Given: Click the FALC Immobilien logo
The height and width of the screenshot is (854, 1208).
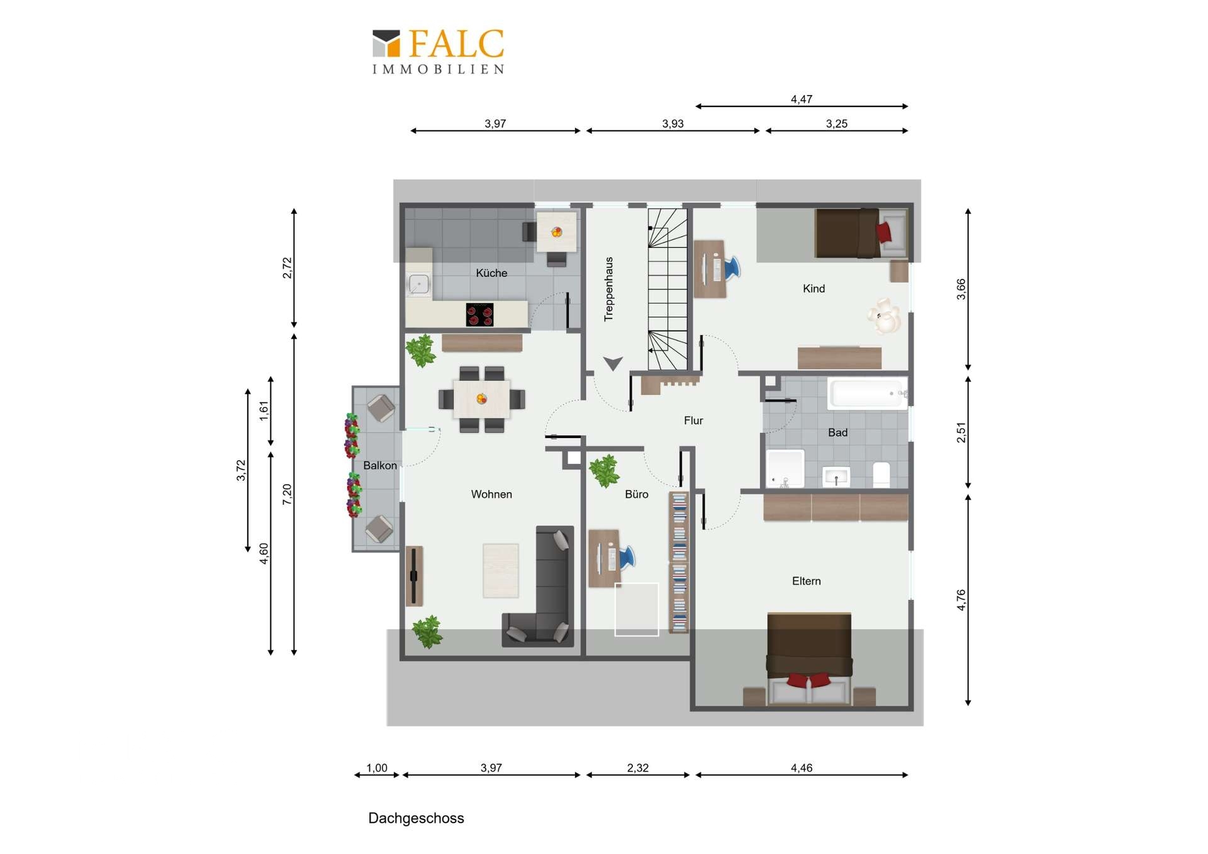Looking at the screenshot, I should coord(439,51).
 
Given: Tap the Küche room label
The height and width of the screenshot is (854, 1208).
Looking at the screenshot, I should coord(491,273).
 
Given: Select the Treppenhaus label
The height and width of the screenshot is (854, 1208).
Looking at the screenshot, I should coord(608,289).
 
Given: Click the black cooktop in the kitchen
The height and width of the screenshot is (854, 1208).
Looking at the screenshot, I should coord(479,315).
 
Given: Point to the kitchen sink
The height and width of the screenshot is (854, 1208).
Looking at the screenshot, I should coord(419,284).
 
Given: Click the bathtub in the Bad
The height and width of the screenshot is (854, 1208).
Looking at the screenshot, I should coord(866,394).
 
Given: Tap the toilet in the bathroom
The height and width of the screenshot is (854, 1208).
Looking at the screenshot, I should coord(881,475).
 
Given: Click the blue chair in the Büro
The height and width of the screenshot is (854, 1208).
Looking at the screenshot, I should coord(627,558).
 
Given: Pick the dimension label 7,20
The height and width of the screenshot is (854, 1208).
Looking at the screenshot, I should coord(288,494).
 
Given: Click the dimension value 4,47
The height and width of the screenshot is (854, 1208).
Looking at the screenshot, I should coord(802,99).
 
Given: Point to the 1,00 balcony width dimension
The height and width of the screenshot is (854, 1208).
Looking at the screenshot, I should coord(377,768).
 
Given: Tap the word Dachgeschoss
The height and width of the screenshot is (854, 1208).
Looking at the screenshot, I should coord(416,818).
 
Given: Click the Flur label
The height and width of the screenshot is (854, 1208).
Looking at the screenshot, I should coord(693,420).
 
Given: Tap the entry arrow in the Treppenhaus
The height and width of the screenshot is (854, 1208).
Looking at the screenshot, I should coord(613,363).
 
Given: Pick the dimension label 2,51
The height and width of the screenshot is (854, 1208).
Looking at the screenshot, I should coord(961,432).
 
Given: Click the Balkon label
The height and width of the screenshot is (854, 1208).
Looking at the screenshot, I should coord(380,466).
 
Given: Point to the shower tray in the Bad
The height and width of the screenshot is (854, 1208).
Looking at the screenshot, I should coord(785,469).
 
